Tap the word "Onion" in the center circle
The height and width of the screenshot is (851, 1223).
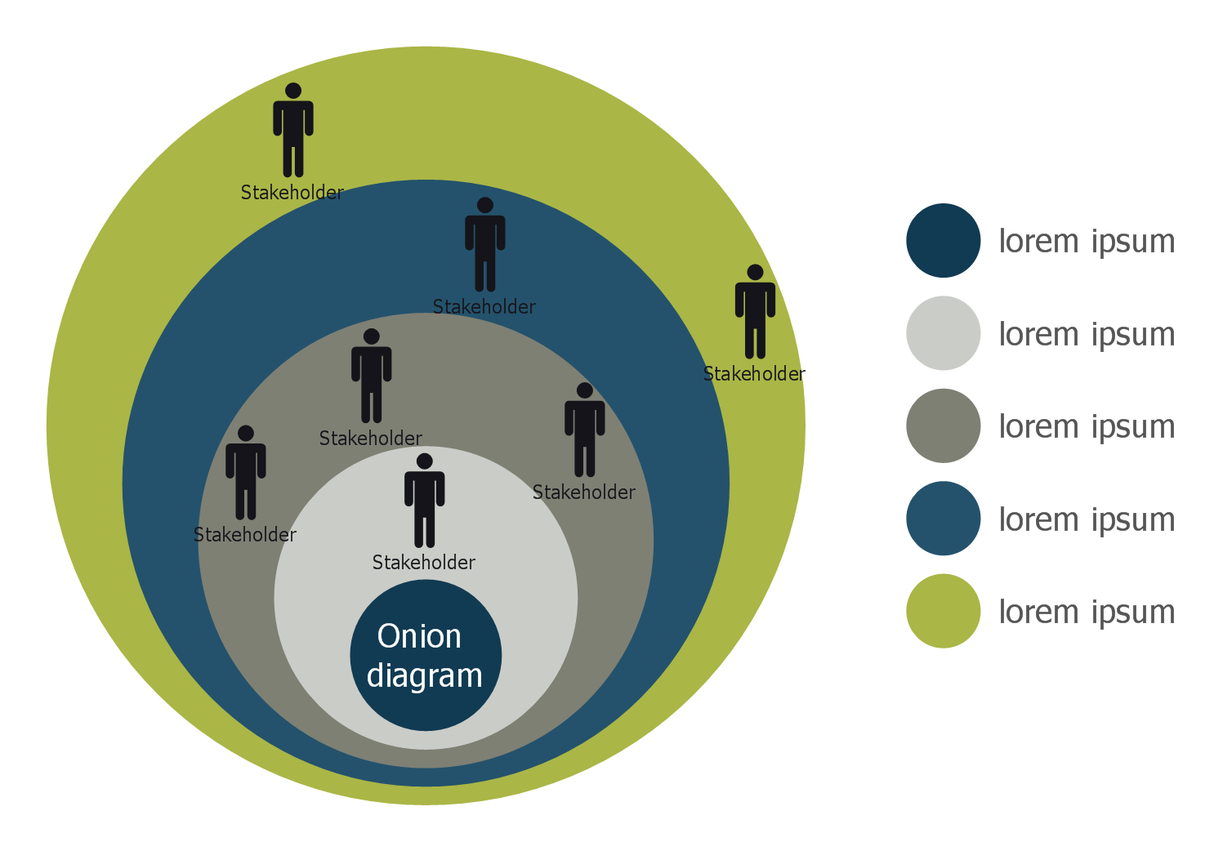[x=419, y=636]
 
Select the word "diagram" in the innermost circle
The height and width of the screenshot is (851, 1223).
[x=425, y=676]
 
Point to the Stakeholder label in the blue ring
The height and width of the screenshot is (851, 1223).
[x=484, y=307]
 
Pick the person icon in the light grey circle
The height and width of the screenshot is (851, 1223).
[x=425, y=501]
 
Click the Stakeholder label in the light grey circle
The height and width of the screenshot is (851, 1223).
[x=424, y=563]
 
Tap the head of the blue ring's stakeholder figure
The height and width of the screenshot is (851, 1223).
[x=485, y=205]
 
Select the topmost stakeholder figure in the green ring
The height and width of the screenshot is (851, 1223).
[x=293, y=131]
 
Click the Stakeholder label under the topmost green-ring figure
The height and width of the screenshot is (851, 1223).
[x=292, y=193]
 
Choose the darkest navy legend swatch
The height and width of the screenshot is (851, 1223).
[x=943, y=240]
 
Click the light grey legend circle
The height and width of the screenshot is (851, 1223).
[x=943, y=333]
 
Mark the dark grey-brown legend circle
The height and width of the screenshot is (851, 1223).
[x=943, y=425]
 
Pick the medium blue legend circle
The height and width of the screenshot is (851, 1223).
[x=943, y=519]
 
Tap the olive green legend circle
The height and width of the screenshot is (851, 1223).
[x=943, y=611]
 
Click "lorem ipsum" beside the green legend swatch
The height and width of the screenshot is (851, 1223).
[x=1087, y=612]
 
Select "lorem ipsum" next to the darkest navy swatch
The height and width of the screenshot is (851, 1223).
[x=1087, y=241]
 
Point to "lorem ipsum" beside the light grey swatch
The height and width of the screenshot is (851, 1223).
[x=1087, y=334]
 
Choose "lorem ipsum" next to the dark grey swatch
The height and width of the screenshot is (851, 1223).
[x=1087, y=426]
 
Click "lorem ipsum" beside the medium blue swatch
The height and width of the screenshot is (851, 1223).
[x=1087, y=519]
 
